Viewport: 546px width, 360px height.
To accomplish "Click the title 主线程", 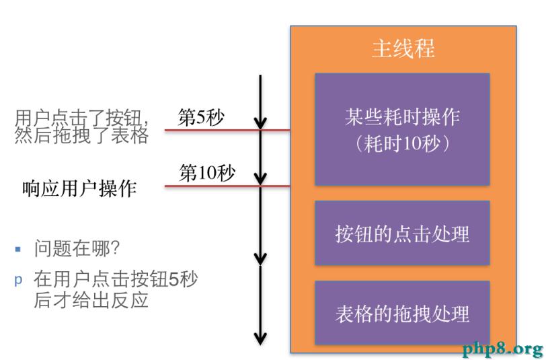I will tap(403, 49).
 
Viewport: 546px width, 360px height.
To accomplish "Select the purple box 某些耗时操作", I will tap(402, 129).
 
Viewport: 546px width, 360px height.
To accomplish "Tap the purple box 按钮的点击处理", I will tap(402, 233).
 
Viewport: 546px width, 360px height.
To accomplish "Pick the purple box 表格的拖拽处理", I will tap(402, 313).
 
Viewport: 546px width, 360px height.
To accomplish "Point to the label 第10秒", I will tap(206, 173).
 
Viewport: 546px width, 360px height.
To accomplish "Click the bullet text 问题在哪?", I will tap(77, 249).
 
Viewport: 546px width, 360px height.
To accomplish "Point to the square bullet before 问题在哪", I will tap(18, 249).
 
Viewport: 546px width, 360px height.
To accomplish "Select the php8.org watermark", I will tap(502, 349).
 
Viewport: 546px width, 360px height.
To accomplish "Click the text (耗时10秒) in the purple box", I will tap(402, 143).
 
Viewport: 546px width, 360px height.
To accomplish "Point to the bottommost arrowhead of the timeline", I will tap(260, 338).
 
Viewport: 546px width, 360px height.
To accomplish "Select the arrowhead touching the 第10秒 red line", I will tap(260, 180).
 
